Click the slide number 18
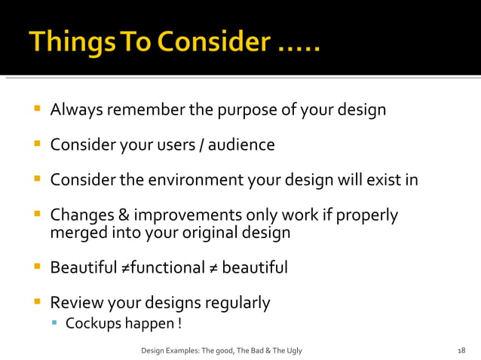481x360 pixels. [x=461, y=350]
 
